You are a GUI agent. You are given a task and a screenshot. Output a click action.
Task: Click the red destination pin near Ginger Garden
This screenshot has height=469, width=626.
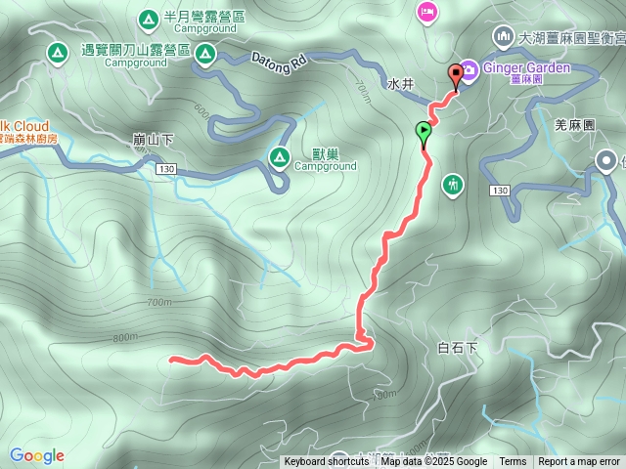point(455,74)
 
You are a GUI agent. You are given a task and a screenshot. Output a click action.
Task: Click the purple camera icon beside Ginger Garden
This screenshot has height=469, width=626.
point(469,68)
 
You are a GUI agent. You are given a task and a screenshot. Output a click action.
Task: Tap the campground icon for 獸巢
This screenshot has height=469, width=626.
point(279,155)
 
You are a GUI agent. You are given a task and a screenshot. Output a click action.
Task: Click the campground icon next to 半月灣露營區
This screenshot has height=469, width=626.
point(148,18)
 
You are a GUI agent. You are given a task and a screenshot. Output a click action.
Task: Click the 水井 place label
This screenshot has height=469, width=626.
point(401,85)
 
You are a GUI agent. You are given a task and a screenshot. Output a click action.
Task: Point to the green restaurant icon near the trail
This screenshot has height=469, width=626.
point(452,183)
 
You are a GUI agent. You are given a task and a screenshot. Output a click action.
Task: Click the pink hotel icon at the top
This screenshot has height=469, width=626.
point(427,12)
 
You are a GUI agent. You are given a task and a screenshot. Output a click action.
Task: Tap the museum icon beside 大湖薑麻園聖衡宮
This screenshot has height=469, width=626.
point(503,36)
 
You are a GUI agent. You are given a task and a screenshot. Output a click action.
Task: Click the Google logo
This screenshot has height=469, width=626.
point(37,455)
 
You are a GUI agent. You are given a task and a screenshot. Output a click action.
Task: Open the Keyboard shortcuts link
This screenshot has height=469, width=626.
point(327,462)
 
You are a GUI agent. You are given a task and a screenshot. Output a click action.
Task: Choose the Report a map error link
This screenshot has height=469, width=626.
point(579,462)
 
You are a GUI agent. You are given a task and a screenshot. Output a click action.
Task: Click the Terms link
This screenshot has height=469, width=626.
point(513,462)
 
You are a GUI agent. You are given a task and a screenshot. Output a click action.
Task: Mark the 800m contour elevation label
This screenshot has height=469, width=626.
point(124,338)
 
